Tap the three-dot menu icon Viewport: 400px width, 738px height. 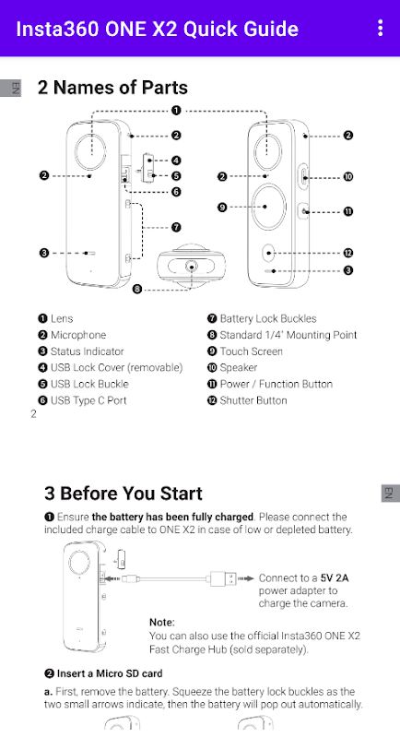pyautogui.click(x=381, y=29)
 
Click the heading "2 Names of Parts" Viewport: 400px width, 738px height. pyautogui.click(x=112, y=88)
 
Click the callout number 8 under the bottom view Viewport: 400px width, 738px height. pyautogui.click(x=137, y=289)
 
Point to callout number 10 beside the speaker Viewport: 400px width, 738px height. pyautogui.click(x=347, y=177)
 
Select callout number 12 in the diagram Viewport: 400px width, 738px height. pyautogui.click(x=347, y=253)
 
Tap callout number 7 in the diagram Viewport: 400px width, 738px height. pyautogui.click(x=176, y=227)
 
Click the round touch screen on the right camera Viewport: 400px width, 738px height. pyautogui.click(x=268, y=207)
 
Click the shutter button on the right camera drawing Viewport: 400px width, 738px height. pyautogui.click(x=268, y=253)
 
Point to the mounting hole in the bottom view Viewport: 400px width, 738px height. pyautogui.click(x=192, y=267)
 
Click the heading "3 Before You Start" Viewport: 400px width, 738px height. pyautogui.click(x=124, y=494)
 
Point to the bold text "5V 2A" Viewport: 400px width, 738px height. pyautogui.click(x=335, y=578)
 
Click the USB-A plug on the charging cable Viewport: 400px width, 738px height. pyautogui.click(x=223, y=578)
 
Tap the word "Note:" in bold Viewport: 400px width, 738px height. pyautogui.click(x=162, y=622)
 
